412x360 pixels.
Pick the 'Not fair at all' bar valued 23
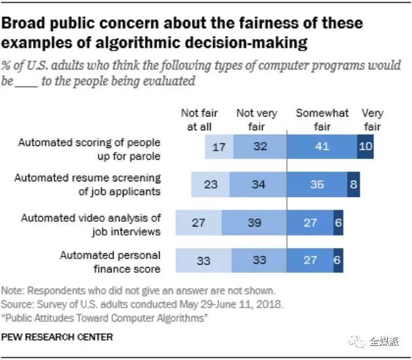tap(211, 185)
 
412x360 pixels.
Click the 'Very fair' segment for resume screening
tap(352, 185)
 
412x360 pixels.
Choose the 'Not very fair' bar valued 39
tap(254, 223)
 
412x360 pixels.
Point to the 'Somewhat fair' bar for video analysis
tap(311, 223)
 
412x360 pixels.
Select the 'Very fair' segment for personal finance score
tap(338, 260)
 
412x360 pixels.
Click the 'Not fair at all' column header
tap(199, 120)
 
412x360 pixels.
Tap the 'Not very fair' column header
tap(256, 120)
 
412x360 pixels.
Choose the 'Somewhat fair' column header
tap(322, 120)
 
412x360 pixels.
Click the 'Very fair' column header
tap(372, 120)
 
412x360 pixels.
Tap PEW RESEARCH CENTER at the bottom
tap(58, 337)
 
